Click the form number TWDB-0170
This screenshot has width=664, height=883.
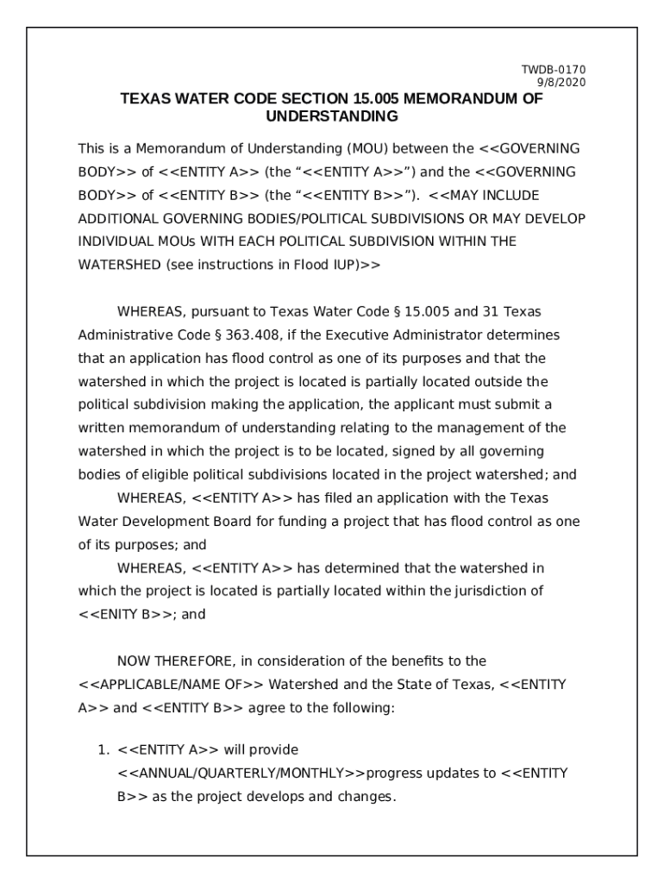click(565, 70)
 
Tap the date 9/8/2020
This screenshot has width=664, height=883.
click(565, 82)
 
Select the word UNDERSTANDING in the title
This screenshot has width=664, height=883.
click(332, 116)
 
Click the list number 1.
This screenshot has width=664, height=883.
click(103, 750)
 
